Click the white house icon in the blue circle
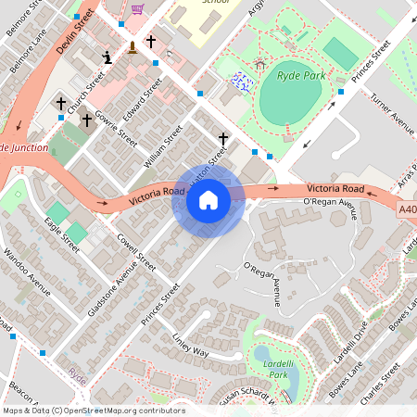point(208,200)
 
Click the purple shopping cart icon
point(137,9)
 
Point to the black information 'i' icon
point(107,58)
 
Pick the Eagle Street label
point(61,231)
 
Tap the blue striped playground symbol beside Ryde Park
point(243,82)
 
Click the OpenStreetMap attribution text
point(93,411)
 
